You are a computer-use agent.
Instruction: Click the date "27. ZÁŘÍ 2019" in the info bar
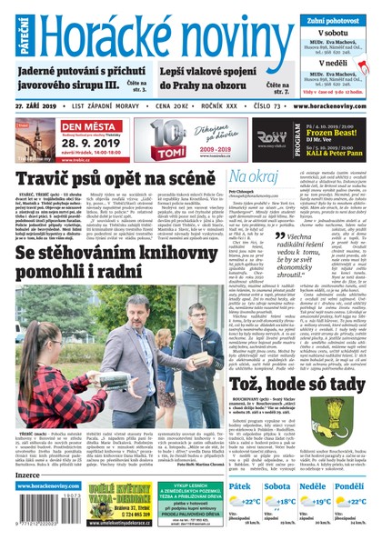point(35,106)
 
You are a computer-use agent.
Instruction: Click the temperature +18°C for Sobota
point(286,502)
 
